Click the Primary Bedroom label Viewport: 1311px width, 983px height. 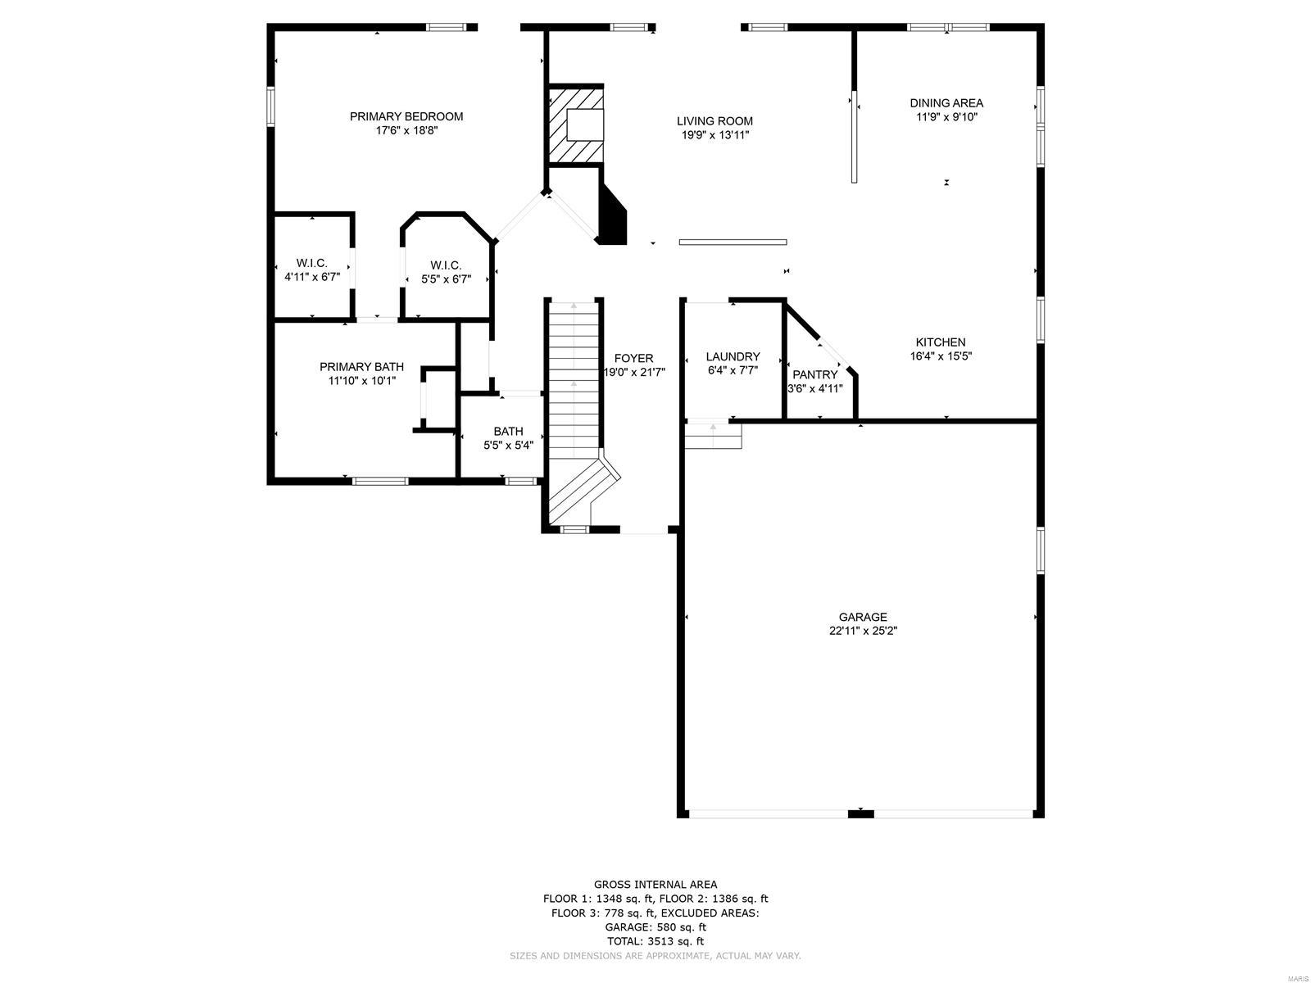click(406, 116)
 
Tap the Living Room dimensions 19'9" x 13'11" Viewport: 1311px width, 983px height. click(715, 135)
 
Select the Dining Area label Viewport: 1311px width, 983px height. click(946, 103)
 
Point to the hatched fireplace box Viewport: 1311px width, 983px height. click(576, 125)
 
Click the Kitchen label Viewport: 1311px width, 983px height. click(941, 342)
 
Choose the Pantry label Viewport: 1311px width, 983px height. click(814, 375)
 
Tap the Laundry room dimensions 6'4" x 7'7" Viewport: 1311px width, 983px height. click(733, 370)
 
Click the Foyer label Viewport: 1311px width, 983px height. click(633, 358)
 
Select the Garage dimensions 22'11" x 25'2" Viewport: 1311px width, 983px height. click(863, 630)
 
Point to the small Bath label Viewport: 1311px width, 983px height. click(508, 431)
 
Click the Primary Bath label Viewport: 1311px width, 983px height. click(361, 366)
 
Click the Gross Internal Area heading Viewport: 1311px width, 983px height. click(655, 885)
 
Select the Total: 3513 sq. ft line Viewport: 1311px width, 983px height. click(655, 941)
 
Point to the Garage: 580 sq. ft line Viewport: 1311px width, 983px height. click(655, 927)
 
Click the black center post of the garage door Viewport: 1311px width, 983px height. click(860, 813)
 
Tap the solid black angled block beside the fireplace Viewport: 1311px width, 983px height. click(612, 215)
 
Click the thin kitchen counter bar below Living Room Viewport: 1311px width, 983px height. click(733, 242)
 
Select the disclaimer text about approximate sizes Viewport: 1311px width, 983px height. click(655, 956)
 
